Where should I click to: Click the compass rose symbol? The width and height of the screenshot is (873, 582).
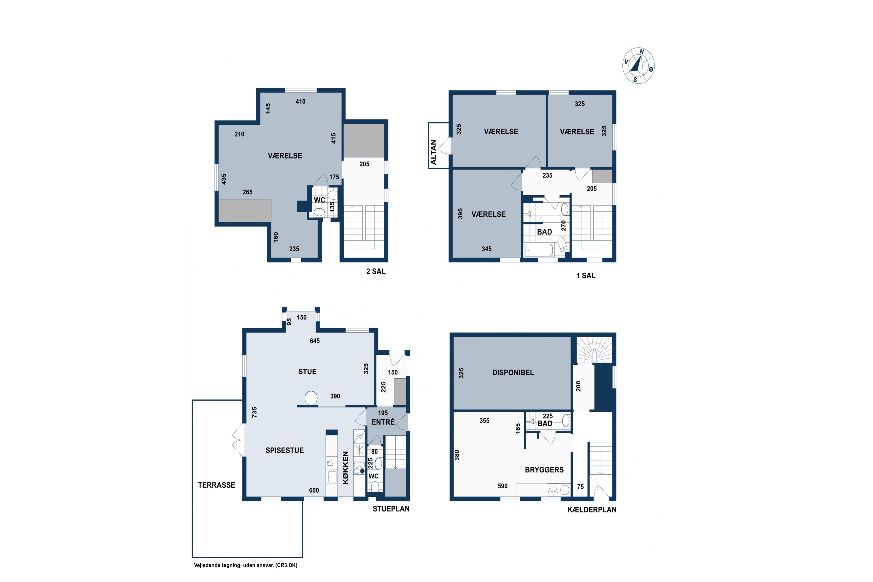coord(638,66)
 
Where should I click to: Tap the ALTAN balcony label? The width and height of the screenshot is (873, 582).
coord(433,152)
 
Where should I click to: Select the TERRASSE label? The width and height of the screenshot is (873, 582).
coord(217,485)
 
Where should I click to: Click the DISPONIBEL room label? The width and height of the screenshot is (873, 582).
coord(513,372)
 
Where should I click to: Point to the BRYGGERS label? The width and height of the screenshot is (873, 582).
coord(544,470)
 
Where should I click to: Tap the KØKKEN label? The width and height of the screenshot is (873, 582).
coord(346,468)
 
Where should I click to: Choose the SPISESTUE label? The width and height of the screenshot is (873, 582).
coord(284,450)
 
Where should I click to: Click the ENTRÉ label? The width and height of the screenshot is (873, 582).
coord(383,422)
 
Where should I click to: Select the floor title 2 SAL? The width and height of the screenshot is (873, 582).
coord(376,271)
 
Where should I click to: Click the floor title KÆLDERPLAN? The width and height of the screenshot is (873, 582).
coord(592,510)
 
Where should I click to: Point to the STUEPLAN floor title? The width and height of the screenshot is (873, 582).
coord(391,509)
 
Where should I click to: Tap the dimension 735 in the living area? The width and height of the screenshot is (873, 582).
coord(254,412)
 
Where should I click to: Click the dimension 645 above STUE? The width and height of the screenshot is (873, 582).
coord(315,341)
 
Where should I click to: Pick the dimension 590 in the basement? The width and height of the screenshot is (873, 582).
coord(503,486)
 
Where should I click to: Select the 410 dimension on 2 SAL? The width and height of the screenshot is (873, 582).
coord(300,101)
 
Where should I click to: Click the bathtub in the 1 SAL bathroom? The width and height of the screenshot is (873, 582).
coord(539,250)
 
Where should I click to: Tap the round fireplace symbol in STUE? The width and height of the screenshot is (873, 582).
coord(311,398)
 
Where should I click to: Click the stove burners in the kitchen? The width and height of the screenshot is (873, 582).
coord(359,468)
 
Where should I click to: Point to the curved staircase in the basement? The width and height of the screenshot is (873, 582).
coord(594,350)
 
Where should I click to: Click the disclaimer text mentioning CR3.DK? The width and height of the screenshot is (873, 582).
coord(246,565)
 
